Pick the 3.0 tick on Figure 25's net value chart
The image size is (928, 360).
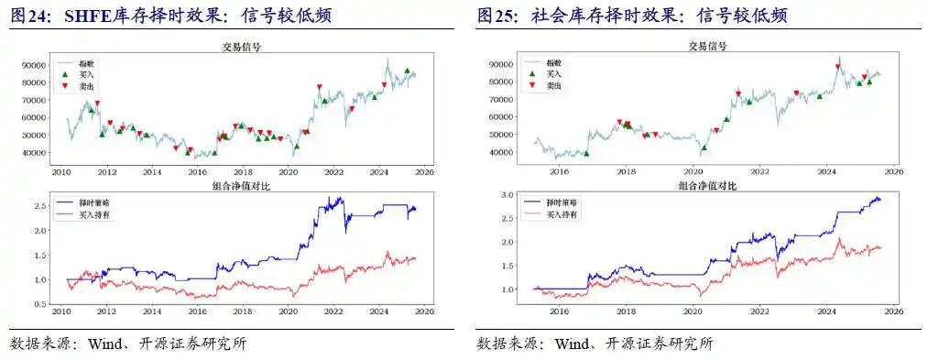(508, 195)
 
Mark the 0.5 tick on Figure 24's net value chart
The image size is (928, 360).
(41, 304)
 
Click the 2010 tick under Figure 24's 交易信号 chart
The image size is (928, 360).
(62, 171)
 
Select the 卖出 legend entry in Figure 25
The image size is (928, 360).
(554, 85)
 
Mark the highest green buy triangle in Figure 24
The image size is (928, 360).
(407, 71)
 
